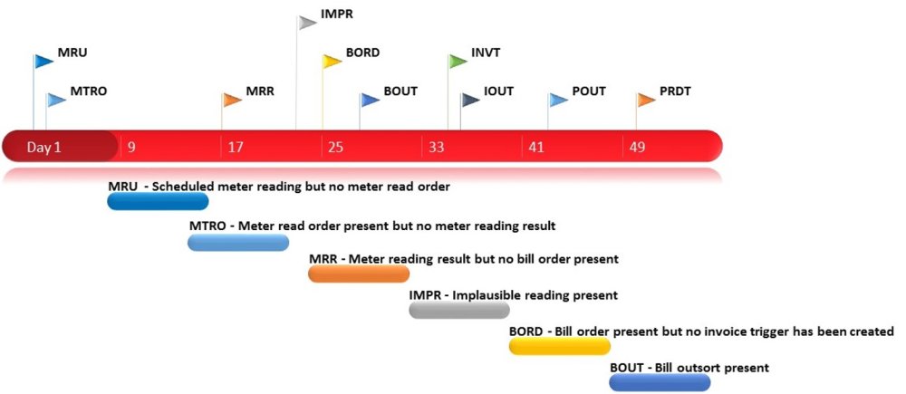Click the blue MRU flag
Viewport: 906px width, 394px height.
point(43,62)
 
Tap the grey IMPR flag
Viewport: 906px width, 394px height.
point(308,21)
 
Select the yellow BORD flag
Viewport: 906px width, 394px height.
point(332,61)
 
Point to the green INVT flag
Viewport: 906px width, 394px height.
point(458,61)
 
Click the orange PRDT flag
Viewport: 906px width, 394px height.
point(646,99)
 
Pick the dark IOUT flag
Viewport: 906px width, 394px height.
point(469,99)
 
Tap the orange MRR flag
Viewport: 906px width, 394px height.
point(232,99)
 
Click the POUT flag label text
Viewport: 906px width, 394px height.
point(589,91)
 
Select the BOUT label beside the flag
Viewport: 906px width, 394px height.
point(400,91)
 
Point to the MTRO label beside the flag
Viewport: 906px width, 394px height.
point(89,91)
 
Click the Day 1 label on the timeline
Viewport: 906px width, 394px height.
point(43,146)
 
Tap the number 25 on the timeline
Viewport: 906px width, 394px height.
point(336,146)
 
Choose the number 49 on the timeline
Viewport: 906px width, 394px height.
point(637,146)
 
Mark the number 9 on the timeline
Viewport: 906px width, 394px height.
point(132,146)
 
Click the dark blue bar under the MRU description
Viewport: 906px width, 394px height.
point(158,201)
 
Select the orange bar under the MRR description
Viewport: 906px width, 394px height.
point(359,274)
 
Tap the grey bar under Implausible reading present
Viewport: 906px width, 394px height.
point(459,310)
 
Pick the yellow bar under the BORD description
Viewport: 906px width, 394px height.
point(559,346)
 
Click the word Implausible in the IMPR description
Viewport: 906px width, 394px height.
point(495,295)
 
